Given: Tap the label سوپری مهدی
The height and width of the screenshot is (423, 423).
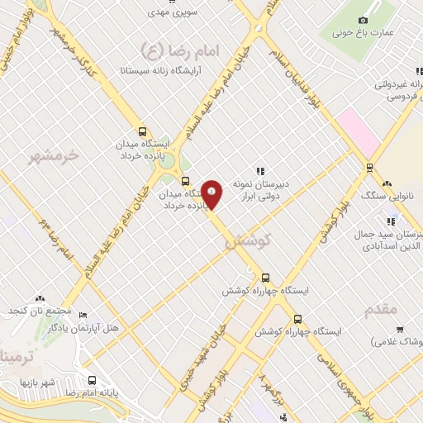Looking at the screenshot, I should [169, 13].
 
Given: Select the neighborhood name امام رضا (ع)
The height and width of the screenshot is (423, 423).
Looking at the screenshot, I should [183, 50].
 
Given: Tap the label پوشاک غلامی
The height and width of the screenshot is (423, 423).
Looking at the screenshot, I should [400, 341].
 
